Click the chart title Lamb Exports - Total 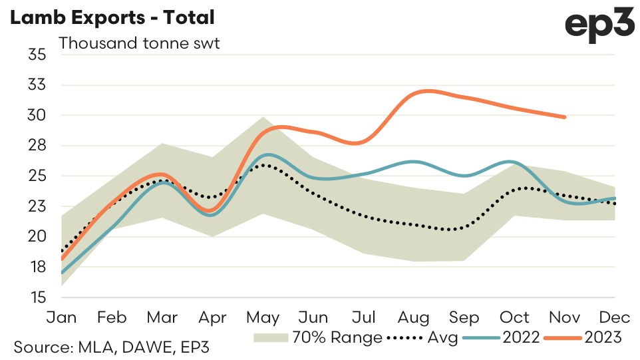tap(111, 19)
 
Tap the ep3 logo tap(598, 26)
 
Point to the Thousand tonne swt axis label tap(140, 44)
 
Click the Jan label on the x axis tap(61, 317)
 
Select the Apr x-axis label tap(212, 317)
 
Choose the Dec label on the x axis tap(615, 317)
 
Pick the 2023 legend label tap(603, 338)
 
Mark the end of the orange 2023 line tap(565, 117)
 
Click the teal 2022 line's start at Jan tap(62, 273)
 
